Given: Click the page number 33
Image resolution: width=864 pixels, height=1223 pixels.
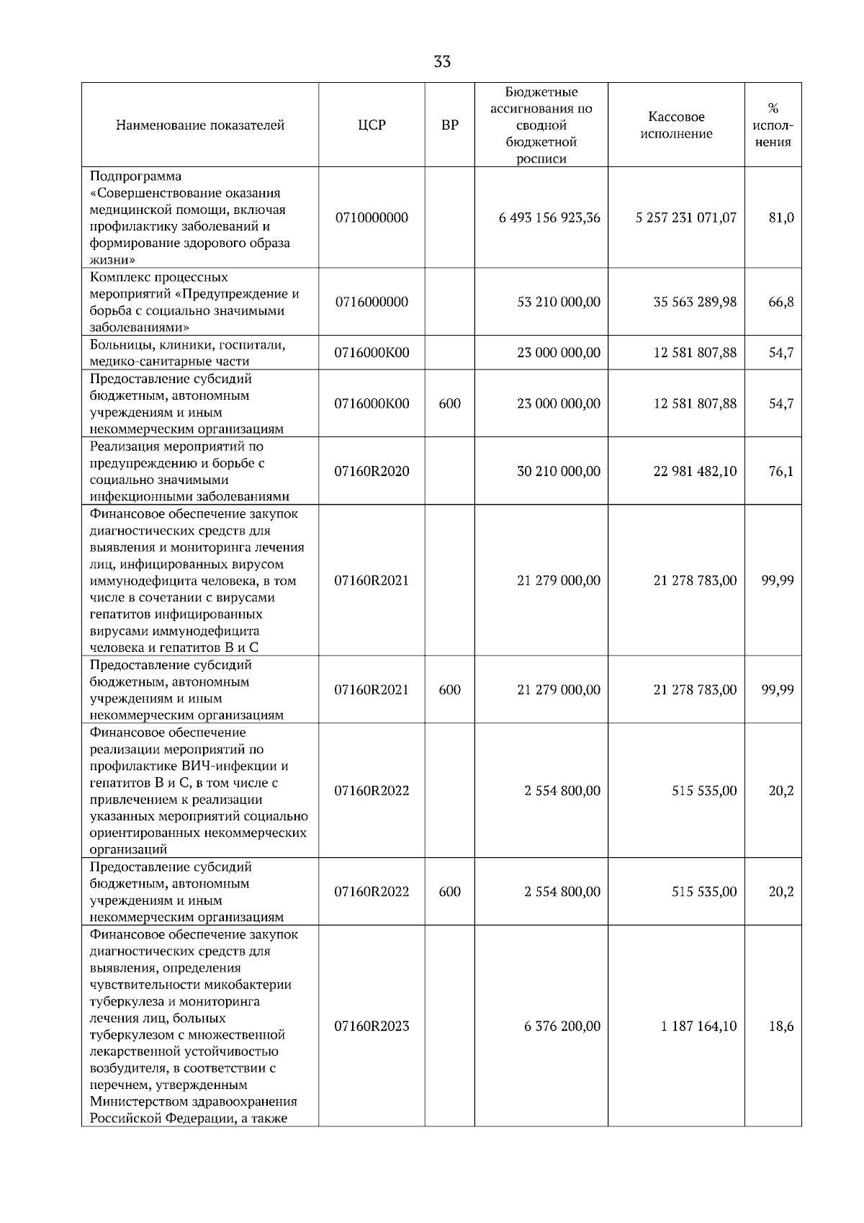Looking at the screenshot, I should click(442, 62).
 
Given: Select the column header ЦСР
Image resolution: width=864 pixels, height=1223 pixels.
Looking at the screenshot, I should click(372, 125).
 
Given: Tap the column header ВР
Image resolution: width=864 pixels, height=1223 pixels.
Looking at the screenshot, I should click(449, 125).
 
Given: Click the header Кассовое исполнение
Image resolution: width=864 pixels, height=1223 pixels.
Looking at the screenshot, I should click(676, 125).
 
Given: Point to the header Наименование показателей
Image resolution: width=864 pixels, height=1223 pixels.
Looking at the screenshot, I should click(200, 125).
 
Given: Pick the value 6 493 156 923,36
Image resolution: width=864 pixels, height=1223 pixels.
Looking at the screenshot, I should click(549, 218).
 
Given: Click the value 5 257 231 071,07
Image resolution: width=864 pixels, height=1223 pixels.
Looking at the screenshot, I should click(685, 218).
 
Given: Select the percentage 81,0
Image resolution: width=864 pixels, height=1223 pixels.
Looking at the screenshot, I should click(780, 218).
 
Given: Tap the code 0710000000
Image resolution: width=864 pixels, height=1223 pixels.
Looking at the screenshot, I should click(372, 218).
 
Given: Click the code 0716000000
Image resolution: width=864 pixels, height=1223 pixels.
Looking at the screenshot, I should click(372, 302).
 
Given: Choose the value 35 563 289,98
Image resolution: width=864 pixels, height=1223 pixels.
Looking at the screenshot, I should click(694, 302).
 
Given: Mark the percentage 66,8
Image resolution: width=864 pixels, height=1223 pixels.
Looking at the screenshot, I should click(780, 302).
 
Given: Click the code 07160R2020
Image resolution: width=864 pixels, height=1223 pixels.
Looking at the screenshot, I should click(372, 471).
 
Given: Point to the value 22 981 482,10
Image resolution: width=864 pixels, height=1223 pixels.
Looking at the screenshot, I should click(694, 471).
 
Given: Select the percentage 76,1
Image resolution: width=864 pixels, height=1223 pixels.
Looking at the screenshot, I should click(780, 471).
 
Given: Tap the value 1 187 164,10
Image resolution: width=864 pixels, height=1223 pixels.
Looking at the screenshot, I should click(698, 1026).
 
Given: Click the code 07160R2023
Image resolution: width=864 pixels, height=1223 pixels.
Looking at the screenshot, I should click(372, 1026).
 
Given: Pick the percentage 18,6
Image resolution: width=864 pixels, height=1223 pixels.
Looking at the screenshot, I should click(780, 1026).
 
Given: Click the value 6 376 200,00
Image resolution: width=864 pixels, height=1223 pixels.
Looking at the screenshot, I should click(562, 1026).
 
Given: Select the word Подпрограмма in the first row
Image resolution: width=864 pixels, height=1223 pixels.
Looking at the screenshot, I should click(135, 176).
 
